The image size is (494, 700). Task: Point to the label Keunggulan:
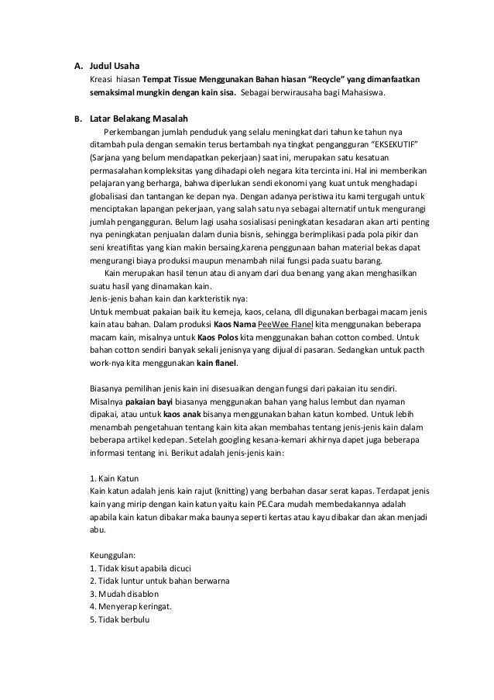[x=114, y=555]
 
